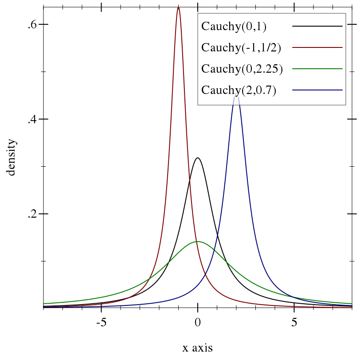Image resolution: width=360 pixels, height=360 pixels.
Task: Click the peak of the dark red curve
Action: [x=178, y=7]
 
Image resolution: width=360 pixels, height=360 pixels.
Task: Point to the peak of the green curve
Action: [x=198, y=242]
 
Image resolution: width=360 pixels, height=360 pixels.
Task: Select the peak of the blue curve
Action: [x=236, y=96]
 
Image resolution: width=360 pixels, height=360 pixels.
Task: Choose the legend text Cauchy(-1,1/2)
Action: [x=241, y=47]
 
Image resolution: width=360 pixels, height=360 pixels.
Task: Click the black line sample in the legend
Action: [x=317, y=27]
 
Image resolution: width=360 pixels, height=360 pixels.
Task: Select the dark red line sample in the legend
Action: [x=317, y=47]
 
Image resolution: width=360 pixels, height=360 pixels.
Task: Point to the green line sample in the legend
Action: [x=317, y=69]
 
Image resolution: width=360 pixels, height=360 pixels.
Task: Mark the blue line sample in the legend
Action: [x=317, y=90]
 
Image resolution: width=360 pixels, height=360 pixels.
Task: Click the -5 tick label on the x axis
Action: [x=102, y=322]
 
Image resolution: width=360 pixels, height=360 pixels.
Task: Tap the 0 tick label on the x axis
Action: [x=198, y=322]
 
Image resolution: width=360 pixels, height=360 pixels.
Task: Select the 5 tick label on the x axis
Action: [x=294, y=322]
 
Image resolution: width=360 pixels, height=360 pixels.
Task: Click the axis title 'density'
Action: [x=11, y=157]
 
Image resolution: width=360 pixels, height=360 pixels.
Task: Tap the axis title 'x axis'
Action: [x=198, y=348]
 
